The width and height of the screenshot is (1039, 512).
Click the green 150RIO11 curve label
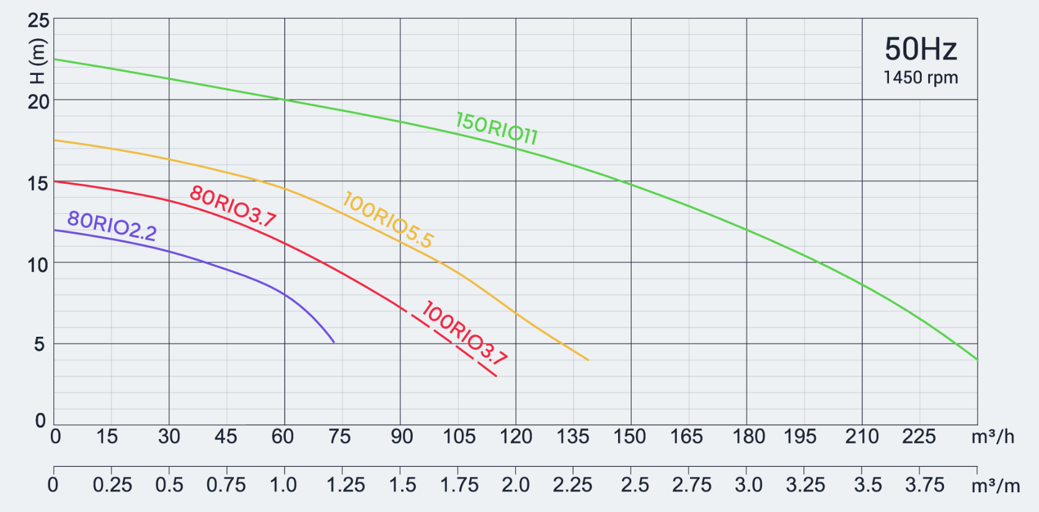click(x=497, y=129)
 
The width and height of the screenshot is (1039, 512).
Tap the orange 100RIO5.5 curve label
click(x=388, y=220)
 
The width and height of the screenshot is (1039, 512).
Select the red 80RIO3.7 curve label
click(x=232, y=206)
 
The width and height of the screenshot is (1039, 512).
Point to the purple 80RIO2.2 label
click(x=112, y=225)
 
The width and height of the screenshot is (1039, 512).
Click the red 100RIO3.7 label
click(x=464, y=332)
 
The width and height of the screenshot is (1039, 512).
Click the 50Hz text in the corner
click(x=921, y=49)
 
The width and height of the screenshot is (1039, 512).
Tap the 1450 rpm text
click(x=921, y=77)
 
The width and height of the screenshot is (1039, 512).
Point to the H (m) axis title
click(x=38, y=61)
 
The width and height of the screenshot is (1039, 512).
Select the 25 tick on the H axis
click(x=38, y=20)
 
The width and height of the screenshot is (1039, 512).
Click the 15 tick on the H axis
click(x=38, y=183)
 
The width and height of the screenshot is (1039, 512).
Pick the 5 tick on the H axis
click(x=40, y=344)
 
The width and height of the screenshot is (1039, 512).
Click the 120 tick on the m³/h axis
click(x=516, y=436)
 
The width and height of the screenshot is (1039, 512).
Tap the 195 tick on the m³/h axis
click(x=800, y=436)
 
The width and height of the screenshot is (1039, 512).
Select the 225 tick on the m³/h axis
click(x=919, y=436)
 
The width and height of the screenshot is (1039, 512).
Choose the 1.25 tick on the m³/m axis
click(x=345, y=485)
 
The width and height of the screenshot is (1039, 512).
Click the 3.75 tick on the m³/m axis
click(x=924, y=485)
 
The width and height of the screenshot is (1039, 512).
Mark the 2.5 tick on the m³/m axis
click(x=635, y=485)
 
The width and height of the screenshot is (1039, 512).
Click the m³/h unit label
click(x=993, y=436)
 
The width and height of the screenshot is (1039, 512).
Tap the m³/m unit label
click(x=996, y=485)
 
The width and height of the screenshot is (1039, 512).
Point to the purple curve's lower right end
click(x=334, y=342)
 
